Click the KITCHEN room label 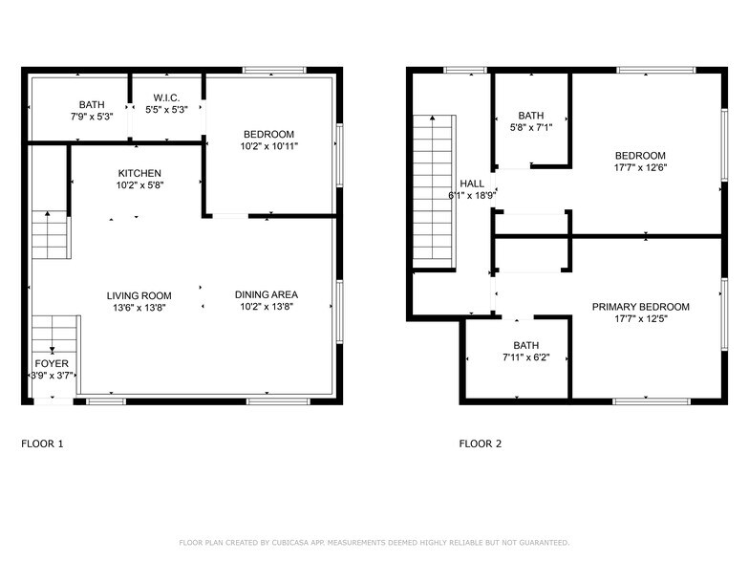[139, 173]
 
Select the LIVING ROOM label [139, 295]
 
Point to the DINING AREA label [267, 294]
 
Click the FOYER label [52, 364]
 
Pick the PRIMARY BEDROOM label [640, 307]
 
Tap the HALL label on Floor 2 [471, 184]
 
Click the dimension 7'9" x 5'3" [92, 117]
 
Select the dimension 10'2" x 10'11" [268, 146]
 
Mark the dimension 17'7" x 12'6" [640, 167]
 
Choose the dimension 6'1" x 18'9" [472, 195]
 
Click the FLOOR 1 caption [42, 443]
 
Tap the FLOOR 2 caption [480, 443]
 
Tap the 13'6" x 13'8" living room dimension [139, 307]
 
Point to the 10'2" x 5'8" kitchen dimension [139, 184]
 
